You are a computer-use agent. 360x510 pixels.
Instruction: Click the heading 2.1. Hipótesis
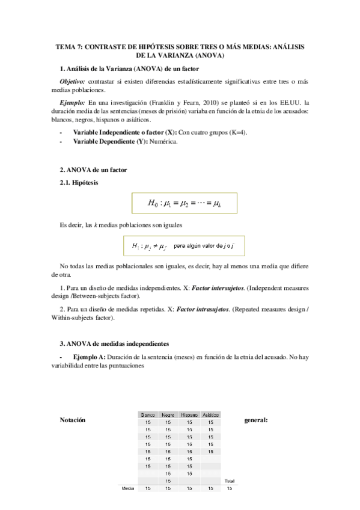tap(80, 182)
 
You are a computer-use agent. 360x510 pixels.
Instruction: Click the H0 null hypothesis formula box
tap(185, 203)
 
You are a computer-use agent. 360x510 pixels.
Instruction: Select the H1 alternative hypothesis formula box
tap(185, 246)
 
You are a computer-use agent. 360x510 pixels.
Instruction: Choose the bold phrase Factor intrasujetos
tap(204, 309)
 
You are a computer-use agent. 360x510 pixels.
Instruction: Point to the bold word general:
tap(256, 420)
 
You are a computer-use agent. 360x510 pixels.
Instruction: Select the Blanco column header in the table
tap(148, 415)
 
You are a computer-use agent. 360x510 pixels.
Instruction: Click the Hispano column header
tap(189, 415)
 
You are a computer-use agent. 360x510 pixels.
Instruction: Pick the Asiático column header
tap(210, 415)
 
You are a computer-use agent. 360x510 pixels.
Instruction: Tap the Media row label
tap(127, 489)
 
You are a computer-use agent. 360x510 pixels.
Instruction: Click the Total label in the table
tap(229, 481)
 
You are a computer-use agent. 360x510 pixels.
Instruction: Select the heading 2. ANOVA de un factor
tap(93, 170)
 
